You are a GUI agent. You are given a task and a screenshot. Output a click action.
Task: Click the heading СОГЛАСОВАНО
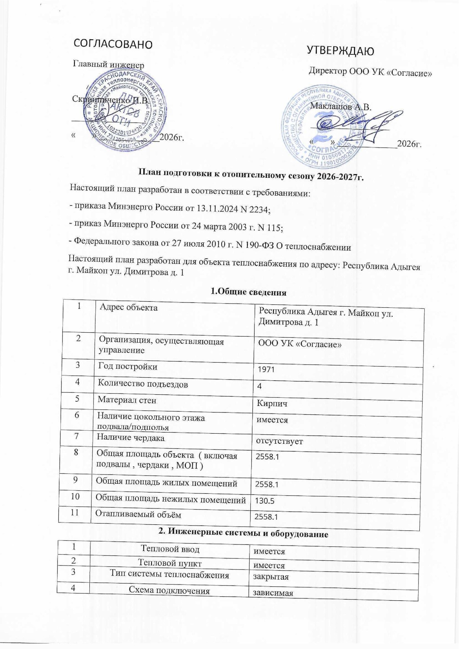(x=113, y=44)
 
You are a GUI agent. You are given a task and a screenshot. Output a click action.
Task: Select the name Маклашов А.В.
(x=340, y=107)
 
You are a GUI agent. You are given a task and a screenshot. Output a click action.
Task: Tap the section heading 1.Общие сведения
(x=248, y=292)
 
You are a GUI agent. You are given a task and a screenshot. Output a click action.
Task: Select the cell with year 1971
(x=266, y=369)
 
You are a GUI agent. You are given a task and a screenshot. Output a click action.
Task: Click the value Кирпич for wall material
(x=272, y=404)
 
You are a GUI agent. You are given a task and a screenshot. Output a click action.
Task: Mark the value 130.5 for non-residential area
(x=264, y=500)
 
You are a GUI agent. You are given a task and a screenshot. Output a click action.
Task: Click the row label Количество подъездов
(x=143, y=384)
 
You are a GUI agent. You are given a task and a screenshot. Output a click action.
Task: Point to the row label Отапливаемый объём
(x=138, y=514)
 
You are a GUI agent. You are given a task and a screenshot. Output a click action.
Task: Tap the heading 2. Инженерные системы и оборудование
(x=243, y=534)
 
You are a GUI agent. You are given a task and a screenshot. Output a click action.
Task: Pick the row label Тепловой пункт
(x=170, y=563)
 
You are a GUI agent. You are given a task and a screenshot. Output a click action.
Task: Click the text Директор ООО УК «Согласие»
(x=371, y=72)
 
